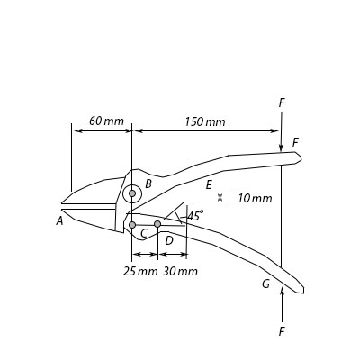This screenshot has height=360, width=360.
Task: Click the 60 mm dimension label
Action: (x=106, y=121)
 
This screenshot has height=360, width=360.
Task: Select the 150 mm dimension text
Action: (x=205, y=122)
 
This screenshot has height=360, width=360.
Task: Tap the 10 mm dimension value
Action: (x=255, y=198)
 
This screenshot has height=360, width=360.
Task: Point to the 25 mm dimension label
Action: (x=140, y=271)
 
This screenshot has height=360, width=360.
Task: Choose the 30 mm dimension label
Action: (x=180, y=271)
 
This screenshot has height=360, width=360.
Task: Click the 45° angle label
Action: (x=195, y=216)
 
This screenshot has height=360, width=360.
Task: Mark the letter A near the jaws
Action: (x=59, y=220)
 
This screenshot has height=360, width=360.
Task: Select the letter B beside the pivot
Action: (x=148, y=184)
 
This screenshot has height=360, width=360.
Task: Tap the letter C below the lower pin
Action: (x=144, y=234)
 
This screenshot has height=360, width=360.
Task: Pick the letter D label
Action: (x=168, y=240)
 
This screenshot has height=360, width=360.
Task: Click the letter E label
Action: (x=209, y=184)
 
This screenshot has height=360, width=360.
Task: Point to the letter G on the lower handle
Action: (x=265, y=284)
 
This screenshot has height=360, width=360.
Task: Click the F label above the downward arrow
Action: (x=282, y=103)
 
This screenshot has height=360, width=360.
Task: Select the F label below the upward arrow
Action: (x=282, y=332)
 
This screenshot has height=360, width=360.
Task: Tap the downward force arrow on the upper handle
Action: (x=282, y=130)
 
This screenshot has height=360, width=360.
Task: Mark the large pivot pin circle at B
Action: (x=132, y=193)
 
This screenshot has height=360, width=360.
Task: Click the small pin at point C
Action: (x=132, y=225)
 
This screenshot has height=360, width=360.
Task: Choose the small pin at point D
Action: (x=157, y=224)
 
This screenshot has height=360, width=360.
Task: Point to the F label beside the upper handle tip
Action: (x=295, y=142)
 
